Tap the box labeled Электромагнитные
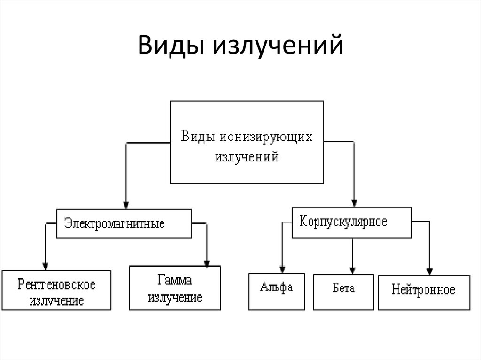124,223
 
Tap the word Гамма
175,281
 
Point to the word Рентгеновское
57,284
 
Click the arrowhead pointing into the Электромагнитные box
125,205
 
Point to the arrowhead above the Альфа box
282,269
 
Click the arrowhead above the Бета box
352,269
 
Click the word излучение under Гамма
175,297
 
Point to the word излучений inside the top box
247,156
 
